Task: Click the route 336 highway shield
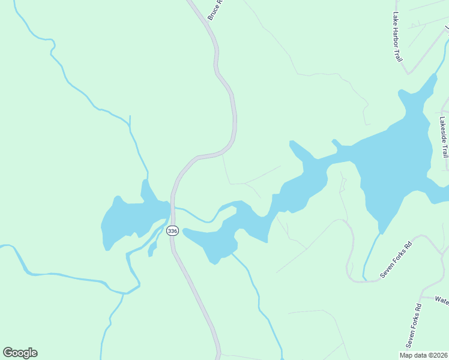[173, 230]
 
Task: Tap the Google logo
[20, 353]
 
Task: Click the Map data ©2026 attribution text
[424, 355]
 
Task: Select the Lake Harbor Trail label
[397, 37]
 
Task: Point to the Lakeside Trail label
[444, 136]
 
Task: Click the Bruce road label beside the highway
[215, 10]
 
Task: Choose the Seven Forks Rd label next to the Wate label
[414, 326]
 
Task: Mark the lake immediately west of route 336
[129, 219]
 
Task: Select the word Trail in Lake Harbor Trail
[398, 53]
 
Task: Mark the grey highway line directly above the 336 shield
[172, 204]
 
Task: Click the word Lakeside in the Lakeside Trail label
[444, 129]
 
